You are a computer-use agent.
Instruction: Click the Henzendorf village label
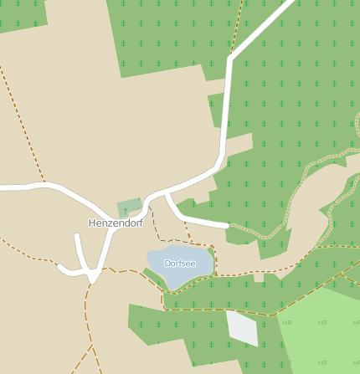tap(116, 223)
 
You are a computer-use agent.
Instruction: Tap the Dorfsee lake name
tap(180, 264)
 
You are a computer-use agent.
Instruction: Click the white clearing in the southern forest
tap(242, 327)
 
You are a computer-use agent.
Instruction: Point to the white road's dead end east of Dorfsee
tap(226, 225)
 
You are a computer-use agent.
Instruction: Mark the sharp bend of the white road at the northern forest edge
tap(230, 59)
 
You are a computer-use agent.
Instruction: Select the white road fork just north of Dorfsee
tap(168, 194)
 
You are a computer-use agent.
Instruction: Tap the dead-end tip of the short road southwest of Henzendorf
tap(78, 237)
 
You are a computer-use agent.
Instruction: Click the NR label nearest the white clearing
tap(287, 322)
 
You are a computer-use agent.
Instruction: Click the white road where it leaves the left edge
tap(3, 188)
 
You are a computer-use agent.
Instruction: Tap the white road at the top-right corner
tap(290, 4)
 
